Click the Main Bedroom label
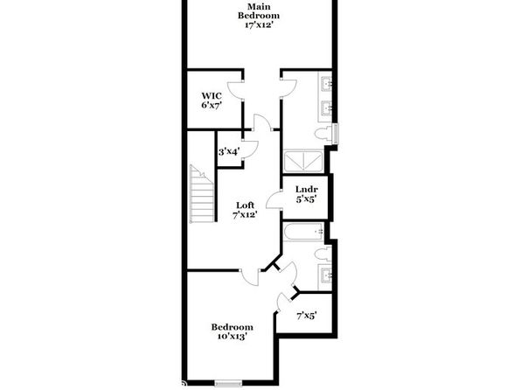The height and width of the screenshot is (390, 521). pyautogui.click(x=259, y=11)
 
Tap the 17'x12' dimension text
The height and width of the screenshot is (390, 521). pyautogui.click(x=259, y=25)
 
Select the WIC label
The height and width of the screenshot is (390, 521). pyautogui.click(x=212, y=96)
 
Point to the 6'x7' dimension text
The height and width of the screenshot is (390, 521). pyautogui.click(x=212, y=106)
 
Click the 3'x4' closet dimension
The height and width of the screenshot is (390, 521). pyautogui.click(x=229, y=152)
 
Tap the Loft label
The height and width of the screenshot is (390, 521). pyautogui.click(x=246, y=205)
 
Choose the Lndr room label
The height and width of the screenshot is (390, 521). pyautogui.click(x=306, y=190)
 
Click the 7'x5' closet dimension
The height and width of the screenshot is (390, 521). pyautogui.click(x=306, y=315)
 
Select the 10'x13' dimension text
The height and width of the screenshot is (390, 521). pyautogui.click(x=232, y=337)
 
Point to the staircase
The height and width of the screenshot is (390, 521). pyautogui.click(x=202, y=194)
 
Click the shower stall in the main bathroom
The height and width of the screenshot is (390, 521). pyautogui.click(x=303, y=162)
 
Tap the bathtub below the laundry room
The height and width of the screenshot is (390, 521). pyautogui.click(x=303, y=232)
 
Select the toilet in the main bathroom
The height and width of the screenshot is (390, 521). pyautogui.click(x=323, y=134)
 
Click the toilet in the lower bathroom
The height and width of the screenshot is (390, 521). pyautogui.click(x=323, y=254)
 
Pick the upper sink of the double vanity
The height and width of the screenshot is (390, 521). pyautogui.click(x=326, y=83)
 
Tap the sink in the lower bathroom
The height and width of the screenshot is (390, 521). pyautogui.click(x=325, y=275)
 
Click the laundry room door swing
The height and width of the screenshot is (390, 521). pyautogui.click(x=274, y=199)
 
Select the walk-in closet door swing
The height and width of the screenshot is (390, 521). pyautogui.click(x=235, y=90)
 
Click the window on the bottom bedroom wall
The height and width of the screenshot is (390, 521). pyautogui.click(x=228, y=383)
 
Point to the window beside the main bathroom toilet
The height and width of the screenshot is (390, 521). pyautogui.click(x=336, y=134)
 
